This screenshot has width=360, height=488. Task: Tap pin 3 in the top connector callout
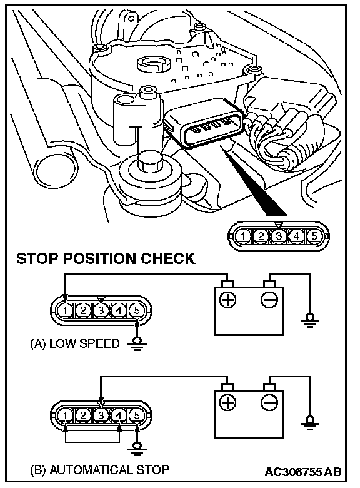pos(279,236)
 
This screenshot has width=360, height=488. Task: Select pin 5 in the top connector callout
pos(314,236)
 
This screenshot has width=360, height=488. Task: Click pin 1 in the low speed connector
pos(65,310)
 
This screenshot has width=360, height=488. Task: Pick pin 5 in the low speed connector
pos(137,310)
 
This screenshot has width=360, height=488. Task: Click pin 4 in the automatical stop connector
pos(119,415)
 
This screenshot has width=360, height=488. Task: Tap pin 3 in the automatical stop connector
pos(101,415)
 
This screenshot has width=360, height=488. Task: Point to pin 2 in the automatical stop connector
pos(83,415)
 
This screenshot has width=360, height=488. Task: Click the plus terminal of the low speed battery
pos(227,300)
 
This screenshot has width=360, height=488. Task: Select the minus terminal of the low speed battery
pos(269,300)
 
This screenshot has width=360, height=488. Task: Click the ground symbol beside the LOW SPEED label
pos(137,343)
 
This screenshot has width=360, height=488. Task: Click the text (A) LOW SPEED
pos(75,343)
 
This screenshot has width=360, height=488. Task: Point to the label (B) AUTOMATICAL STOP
pos(100,470)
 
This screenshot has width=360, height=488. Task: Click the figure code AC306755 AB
pos(302,472)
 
